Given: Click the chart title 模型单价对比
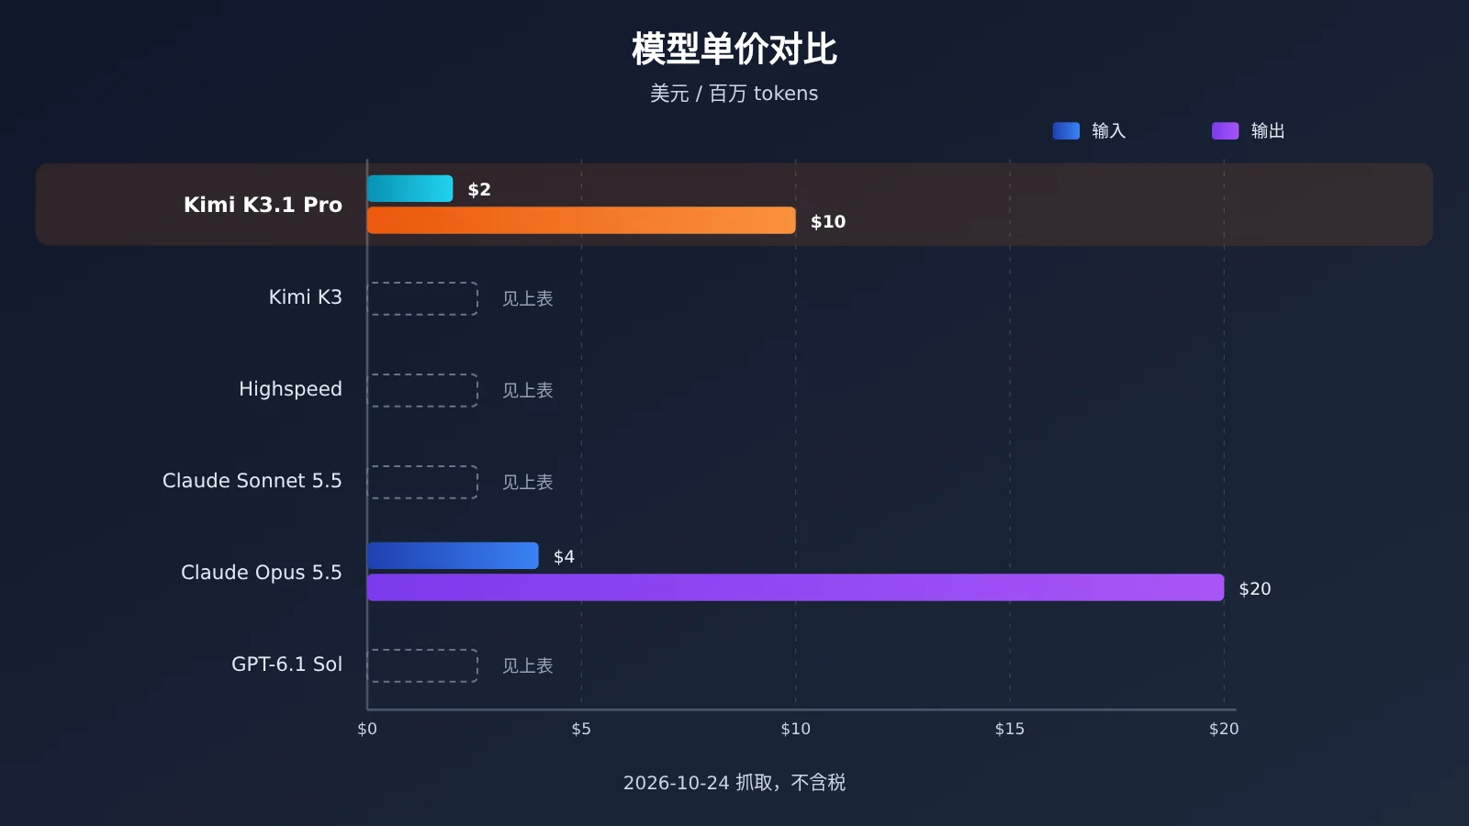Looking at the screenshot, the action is click(x=734, y=50).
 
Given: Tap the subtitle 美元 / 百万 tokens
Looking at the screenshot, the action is click(x=734, y=94).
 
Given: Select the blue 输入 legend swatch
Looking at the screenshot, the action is click(x=1066, y=130).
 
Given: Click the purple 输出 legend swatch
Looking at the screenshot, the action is click(x=1225, y=130).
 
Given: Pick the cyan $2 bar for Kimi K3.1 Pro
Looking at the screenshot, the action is click(x=409, y=189).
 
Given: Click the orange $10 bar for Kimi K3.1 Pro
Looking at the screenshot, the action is click(x=581, y=220).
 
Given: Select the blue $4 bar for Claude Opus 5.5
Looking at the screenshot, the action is click(x=453, y=556).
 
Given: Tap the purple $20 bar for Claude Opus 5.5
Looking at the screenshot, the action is click(x=795, y=587).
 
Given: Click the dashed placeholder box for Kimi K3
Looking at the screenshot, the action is click(x=422, y=283).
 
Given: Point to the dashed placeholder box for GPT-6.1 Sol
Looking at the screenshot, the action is click(x=422, y=650).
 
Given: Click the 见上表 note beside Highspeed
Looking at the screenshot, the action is click(x=527, y=391).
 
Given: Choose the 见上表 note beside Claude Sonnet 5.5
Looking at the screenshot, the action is click(x=527, y=483).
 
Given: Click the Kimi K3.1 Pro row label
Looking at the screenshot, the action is click(x=263, y=205).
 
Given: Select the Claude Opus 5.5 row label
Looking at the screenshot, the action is click(x=261, y=573).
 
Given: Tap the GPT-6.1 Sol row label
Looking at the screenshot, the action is click(x=286, y=664).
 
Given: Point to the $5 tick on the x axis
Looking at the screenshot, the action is click(x=581, y=729).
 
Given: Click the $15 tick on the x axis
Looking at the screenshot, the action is click(x=1009, y=729).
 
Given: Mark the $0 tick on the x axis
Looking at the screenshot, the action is click(x=367, y=729).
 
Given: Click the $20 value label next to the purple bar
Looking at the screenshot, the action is click(x=1254, y=588).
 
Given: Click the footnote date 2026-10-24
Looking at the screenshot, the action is click(x=676, y=783).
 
